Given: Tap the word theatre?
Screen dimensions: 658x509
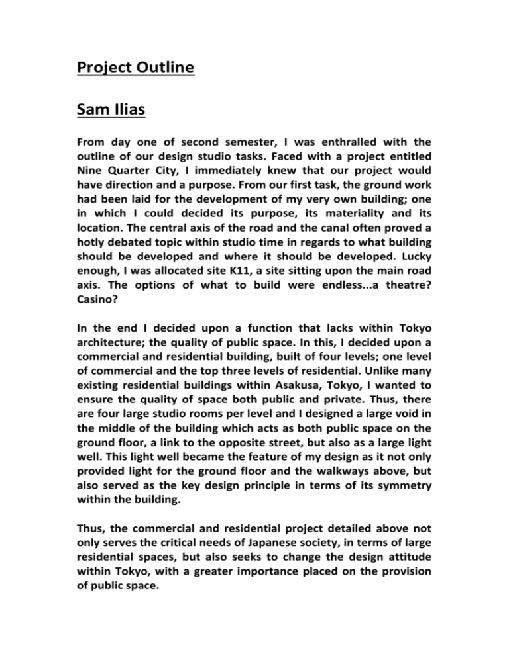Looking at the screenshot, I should tap(420, 304).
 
